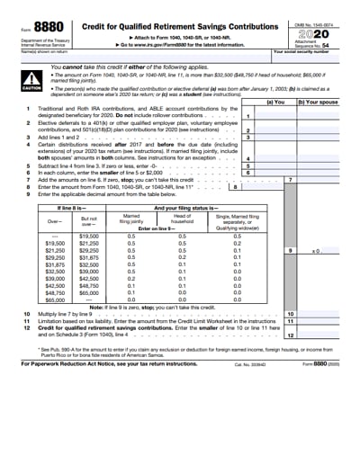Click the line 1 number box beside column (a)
(247, 116)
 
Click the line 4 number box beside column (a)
(247, 158)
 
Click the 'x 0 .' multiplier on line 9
(316, 251)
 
